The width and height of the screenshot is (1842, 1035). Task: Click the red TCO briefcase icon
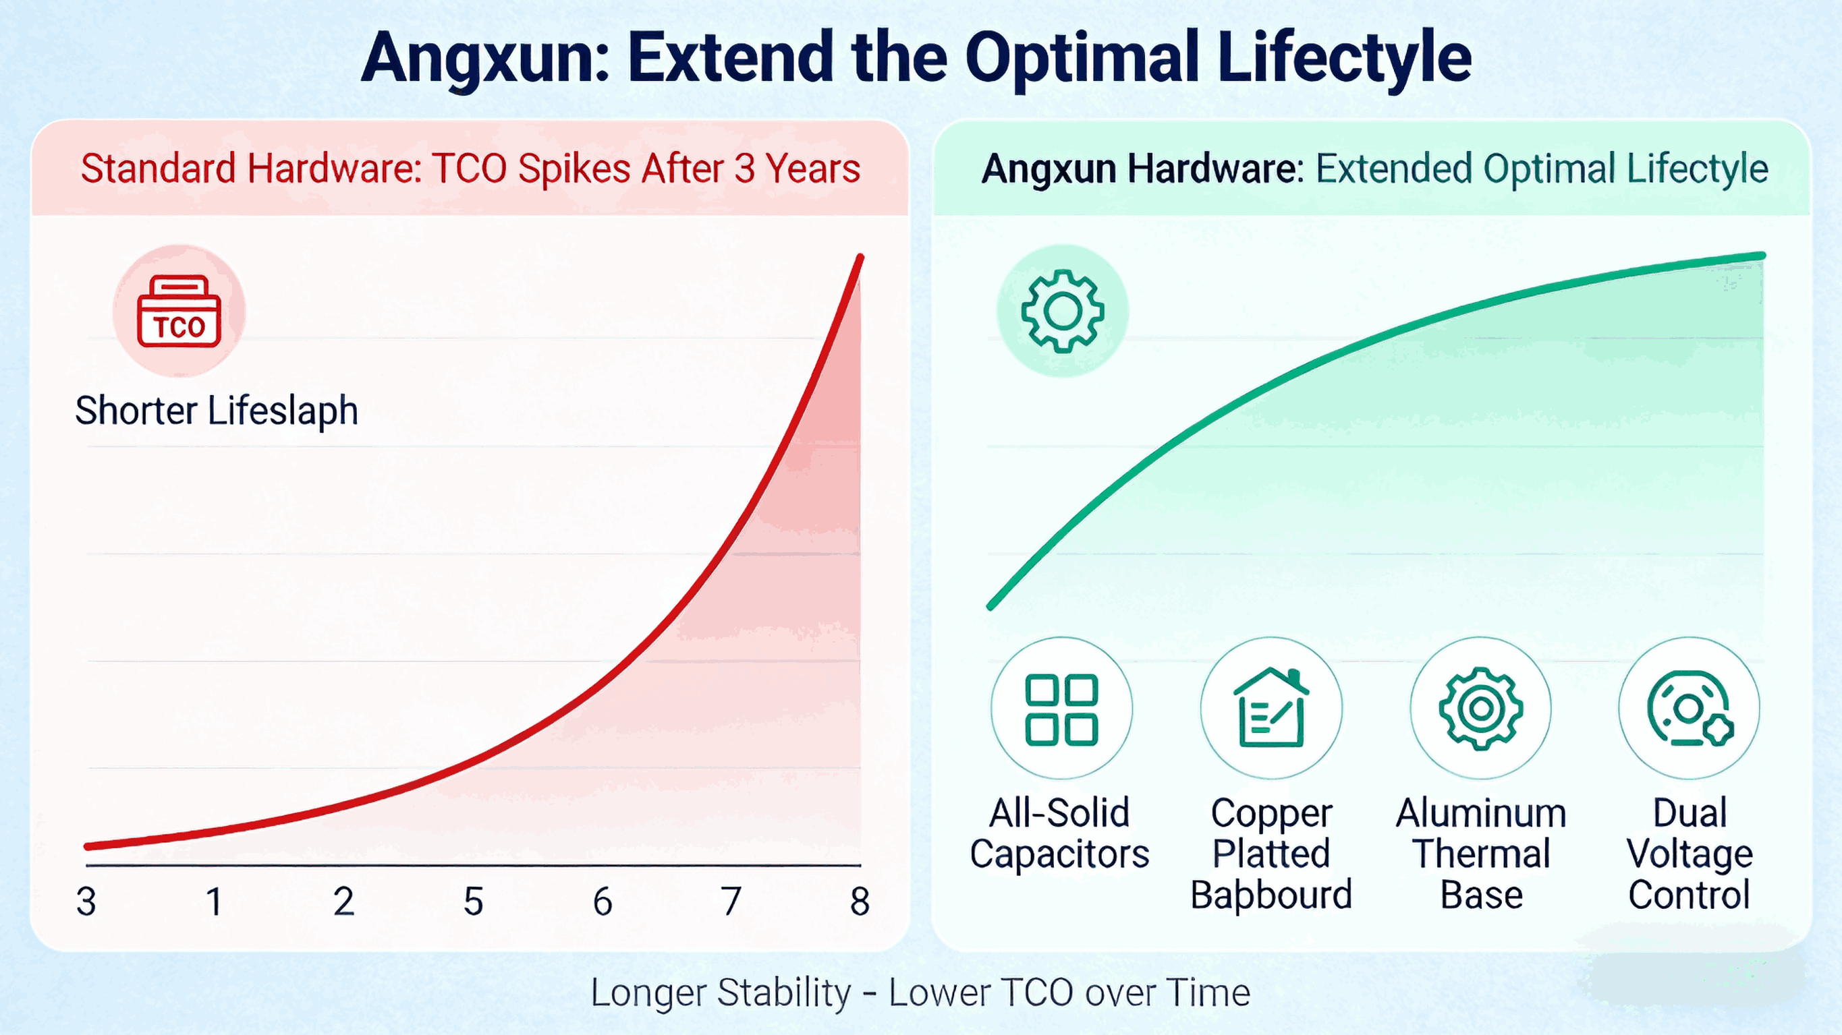tap(179, 311)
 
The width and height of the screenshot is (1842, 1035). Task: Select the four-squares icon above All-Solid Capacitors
tap(1061, 709)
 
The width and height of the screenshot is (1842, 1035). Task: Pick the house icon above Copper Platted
tap(1271, 707)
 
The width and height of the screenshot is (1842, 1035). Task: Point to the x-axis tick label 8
tap(860, 901)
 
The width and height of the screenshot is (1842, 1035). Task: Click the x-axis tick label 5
tap(474, 901)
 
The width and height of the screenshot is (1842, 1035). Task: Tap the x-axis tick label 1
tap(214, 901)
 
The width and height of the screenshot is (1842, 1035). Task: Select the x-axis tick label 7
tap(731, 901)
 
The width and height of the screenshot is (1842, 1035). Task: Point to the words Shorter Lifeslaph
tap(217, 411)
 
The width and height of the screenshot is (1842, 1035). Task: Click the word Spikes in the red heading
tap(574, 169)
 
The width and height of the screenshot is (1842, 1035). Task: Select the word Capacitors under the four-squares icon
tap(1059, 854)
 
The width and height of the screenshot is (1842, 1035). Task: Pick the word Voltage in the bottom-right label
tap(1689, 855)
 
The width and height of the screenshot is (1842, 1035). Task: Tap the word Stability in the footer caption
tap(784, 993)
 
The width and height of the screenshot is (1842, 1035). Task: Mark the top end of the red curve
tap(860, 258)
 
